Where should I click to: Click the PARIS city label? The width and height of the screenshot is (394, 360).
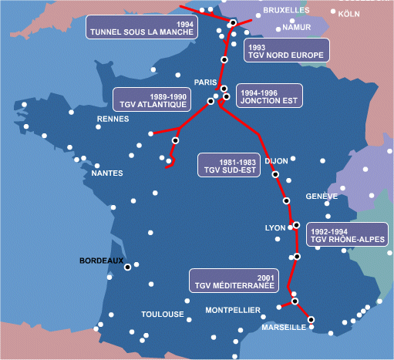pos(206,82)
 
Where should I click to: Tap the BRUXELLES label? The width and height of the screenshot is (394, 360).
pos(285,11)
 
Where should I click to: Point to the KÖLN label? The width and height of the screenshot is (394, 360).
pos(349,14)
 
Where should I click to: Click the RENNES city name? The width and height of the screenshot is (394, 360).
pos(113,119)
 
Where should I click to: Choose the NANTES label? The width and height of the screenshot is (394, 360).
pos(107,173)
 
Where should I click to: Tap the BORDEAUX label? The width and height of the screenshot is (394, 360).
pos(102,261)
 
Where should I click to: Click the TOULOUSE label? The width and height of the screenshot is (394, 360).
pos(163,315)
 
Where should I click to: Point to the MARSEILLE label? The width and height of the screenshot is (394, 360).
pos(285,328)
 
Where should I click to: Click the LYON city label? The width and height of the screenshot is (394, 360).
pos(275,228)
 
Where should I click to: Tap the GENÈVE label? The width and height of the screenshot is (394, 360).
pos(322,197)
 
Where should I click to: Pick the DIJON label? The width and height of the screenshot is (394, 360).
pos(276,161)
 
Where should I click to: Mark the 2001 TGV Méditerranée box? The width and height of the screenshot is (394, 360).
pos(234,281)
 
